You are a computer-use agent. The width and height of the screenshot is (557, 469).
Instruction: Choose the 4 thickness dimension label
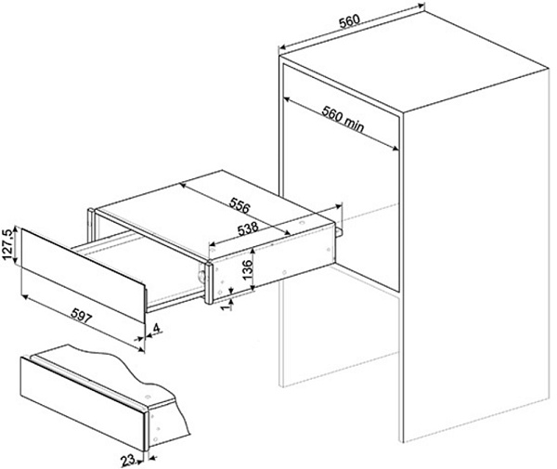point(160,328)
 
